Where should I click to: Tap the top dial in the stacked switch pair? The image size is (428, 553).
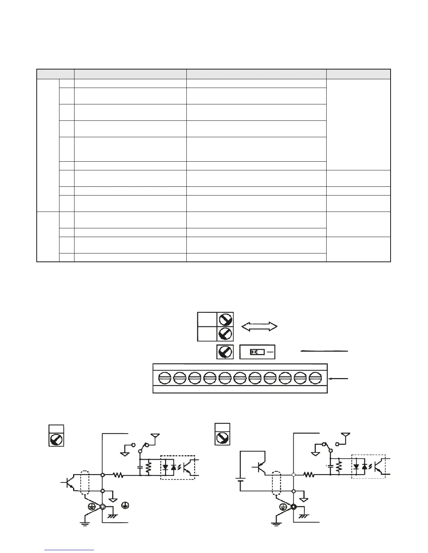tap(225, 319)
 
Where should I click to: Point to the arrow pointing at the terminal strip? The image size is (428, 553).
tap(339, 378)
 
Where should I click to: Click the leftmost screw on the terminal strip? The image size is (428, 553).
tap(164, 378)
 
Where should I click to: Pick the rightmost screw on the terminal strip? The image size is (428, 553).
tap(315, 378)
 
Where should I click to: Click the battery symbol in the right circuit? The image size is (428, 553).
tap(240, 484)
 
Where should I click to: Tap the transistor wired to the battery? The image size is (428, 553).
tap(260, 467)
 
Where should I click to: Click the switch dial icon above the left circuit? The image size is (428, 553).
tap(56, 439)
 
